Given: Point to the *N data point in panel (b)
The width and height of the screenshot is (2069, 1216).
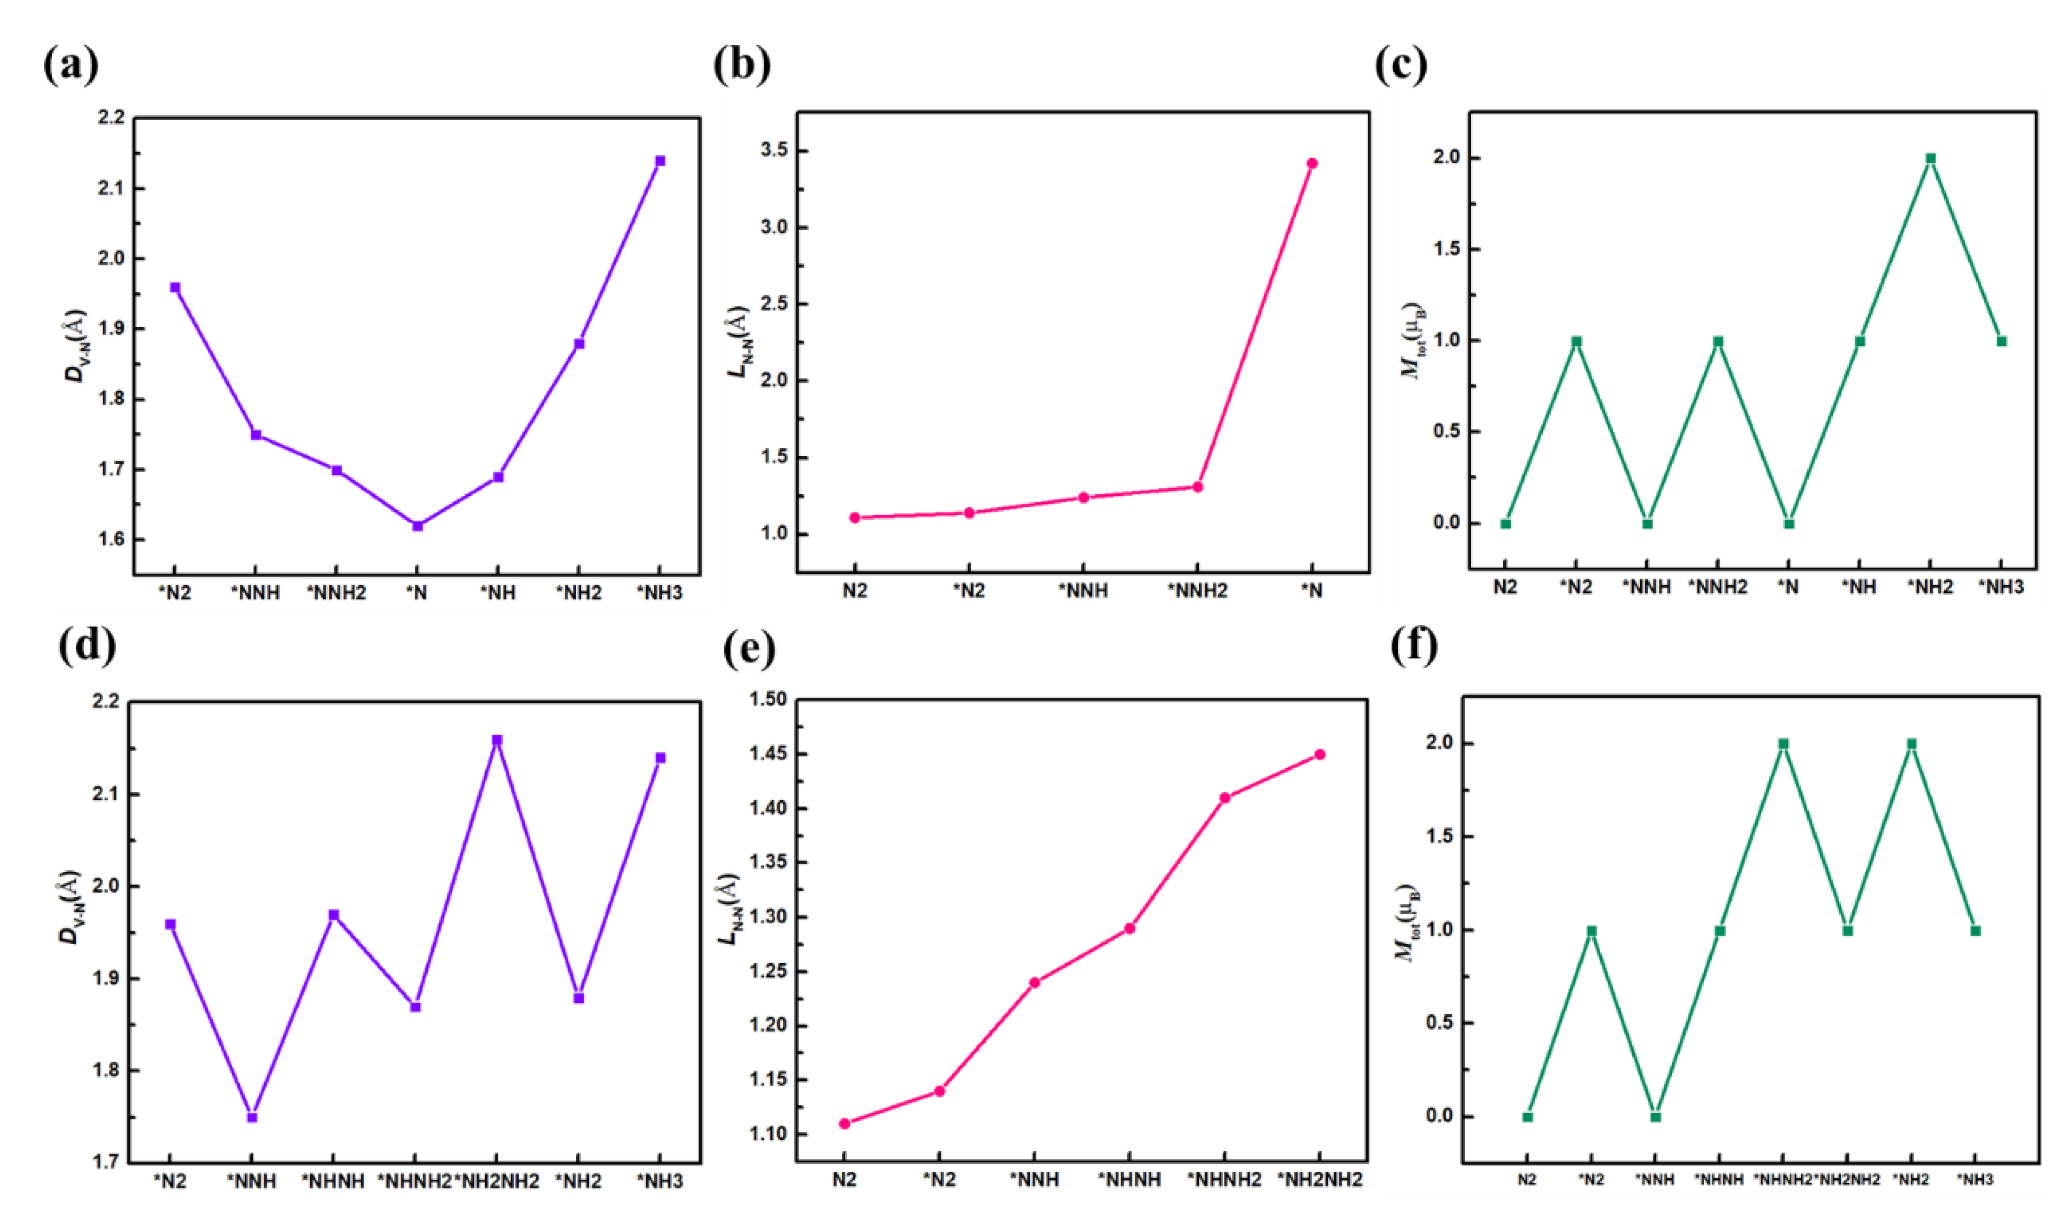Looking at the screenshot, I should (x=1312, y=163).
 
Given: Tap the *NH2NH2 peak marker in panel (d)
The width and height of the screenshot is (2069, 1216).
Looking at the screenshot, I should (x=497, y=740).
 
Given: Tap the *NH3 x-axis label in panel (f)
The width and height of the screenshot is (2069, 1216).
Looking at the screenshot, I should (x=1975, y=1180).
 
